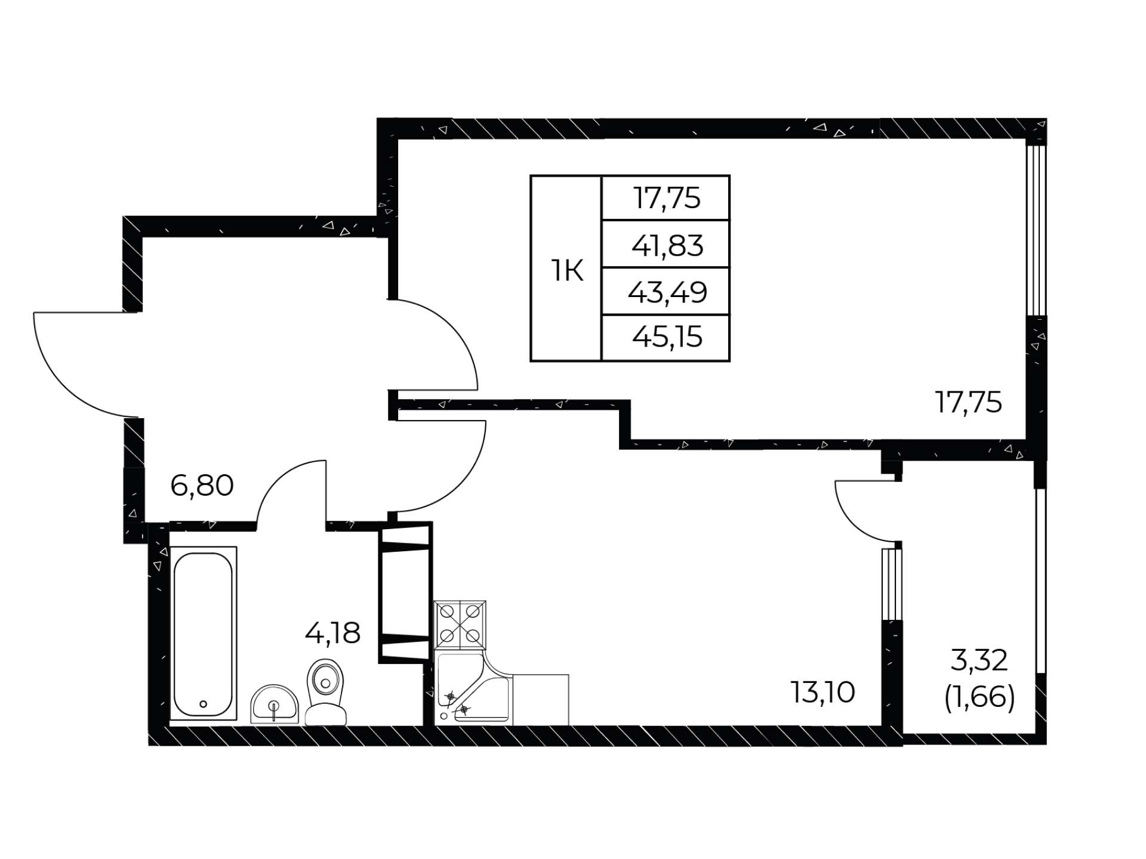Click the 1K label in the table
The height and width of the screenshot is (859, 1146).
[x=566, y=272]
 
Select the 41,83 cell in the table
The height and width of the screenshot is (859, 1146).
[x=667, y=245]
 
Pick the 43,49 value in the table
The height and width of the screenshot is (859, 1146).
[x=667, y=292]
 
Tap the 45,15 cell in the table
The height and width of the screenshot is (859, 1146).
[x=667, y=338]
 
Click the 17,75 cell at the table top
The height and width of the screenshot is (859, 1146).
[x=667, y=198]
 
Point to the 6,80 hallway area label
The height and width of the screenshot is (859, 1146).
[x=202, y=486]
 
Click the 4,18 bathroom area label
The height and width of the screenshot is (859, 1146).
[x=332, y=633]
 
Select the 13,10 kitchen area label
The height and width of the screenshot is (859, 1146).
[x=823, y=692]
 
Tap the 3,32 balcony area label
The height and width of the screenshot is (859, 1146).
[x=979, y=660]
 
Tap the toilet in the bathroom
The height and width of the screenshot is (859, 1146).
[x=325, y=692]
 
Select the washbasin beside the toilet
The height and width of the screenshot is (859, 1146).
[x=274, y=704]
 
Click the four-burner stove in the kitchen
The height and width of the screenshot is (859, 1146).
[x=460, y=625]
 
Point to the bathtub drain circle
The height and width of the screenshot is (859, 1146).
[x=204, y=704]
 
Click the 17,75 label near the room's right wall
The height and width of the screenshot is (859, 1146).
[x=968, y=403]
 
